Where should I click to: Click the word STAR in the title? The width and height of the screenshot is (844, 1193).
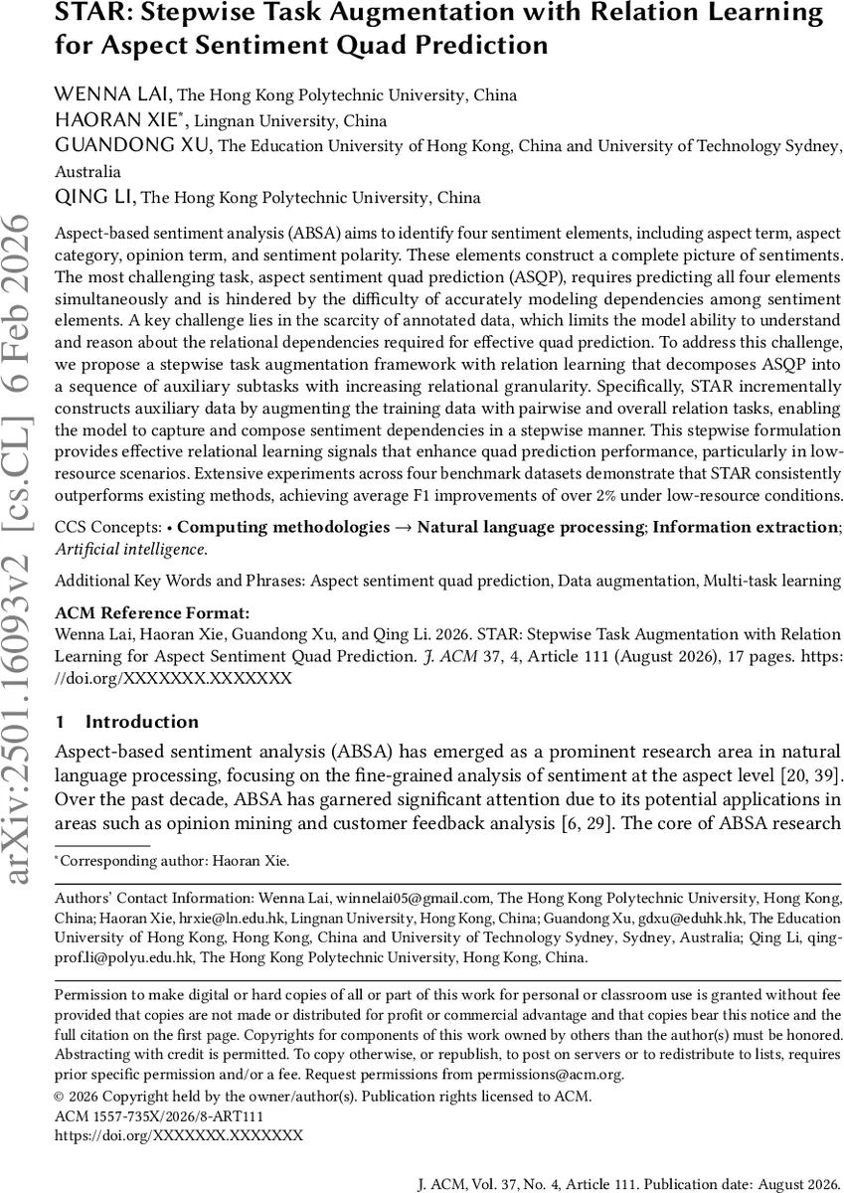point(86,15)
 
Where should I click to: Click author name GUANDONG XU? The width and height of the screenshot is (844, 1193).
point(133,146)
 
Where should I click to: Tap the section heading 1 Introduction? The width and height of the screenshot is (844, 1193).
point(126,722)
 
